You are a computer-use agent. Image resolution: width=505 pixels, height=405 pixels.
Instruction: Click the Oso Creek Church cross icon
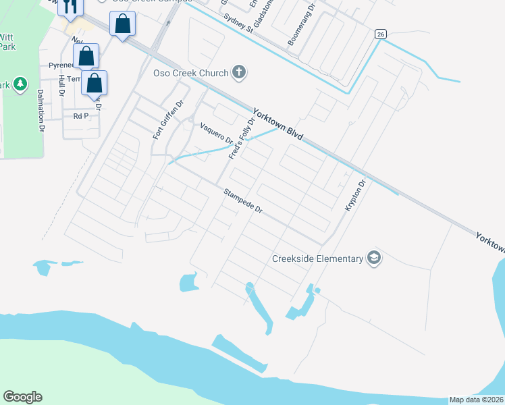coord(238,72)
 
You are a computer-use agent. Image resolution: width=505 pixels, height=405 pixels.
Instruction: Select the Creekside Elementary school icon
coord(373,258)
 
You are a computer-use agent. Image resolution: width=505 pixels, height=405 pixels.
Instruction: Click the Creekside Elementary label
coord(317,259)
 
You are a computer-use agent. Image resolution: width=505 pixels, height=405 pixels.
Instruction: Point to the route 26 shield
coord(381,34)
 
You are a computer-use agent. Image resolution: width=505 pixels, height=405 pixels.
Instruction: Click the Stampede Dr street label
coord(243,201)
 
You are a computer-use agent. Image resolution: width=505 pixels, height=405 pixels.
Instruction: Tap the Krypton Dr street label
coord(355,196)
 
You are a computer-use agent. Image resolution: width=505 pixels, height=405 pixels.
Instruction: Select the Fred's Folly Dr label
coord(242,139)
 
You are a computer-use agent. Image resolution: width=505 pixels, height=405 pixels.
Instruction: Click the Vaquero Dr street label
coord(216,133)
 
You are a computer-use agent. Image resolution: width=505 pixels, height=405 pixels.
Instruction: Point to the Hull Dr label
coord(61,85)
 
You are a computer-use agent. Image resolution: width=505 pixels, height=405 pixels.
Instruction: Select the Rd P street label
coord(81,116)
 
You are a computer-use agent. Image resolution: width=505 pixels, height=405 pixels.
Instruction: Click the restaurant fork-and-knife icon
coord(70,6)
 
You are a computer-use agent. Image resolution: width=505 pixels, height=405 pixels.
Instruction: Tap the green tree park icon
coord(21,84)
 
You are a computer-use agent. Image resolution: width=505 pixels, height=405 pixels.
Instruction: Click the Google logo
coord(22,397)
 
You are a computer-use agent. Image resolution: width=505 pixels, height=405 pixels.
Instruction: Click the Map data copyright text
coord(477,400)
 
